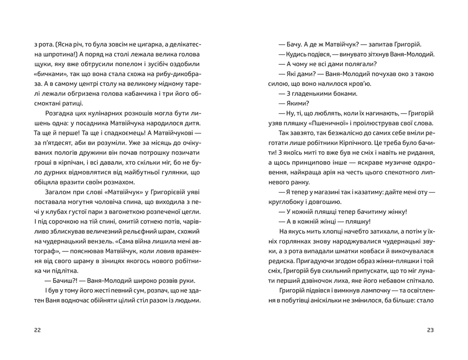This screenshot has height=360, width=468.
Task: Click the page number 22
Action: [x=38, y=330]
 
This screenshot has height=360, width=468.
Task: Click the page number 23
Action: [x=430, y=330]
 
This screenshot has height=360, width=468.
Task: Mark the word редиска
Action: [x=282, y=261]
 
